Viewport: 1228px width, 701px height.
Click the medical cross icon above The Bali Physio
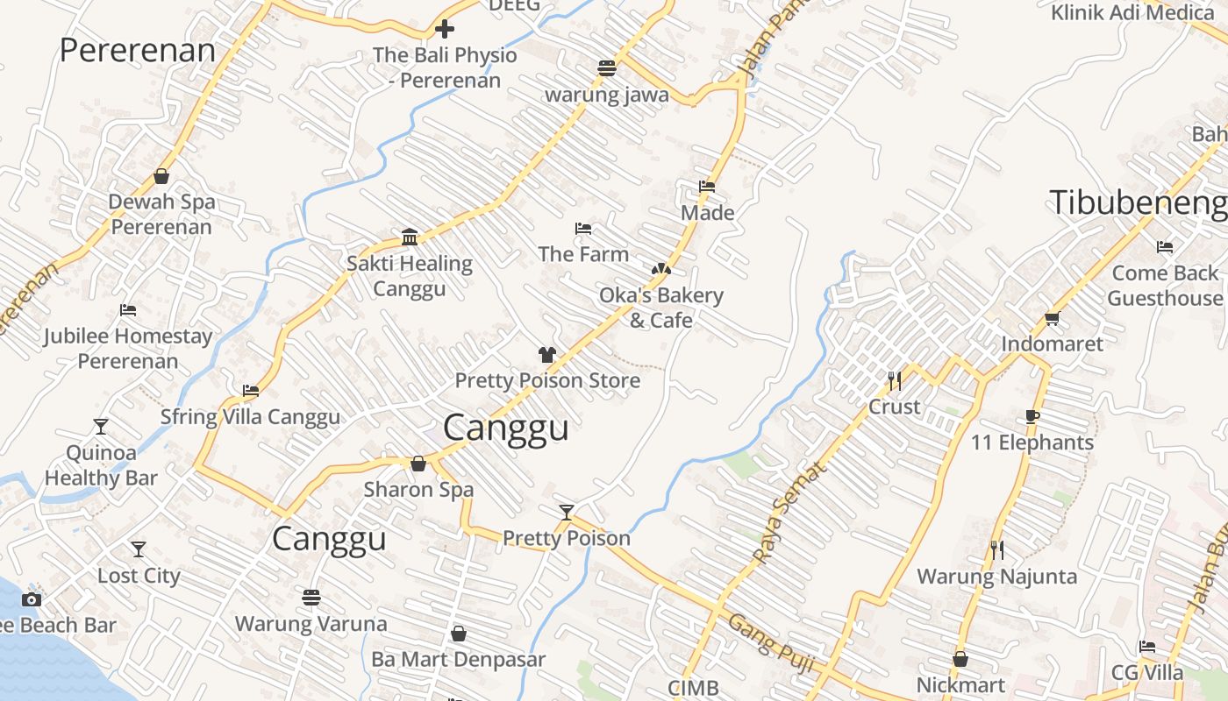[445, 29]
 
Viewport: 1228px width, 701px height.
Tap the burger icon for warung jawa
[607, 67]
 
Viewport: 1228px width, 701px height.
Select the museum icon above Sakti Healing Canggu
[409, 237]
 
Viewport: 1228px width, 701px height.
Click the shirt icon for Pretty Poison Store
[547, 354]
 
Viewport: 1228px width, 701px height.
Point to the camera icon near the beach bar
[32, 599]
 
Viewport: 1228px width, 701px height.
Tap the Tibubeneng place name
[1138, 202]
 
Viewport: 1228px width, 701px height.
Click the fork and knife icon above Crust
[894, 380]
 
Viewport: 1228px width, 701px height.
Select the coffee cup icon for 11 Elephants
[1032, 416]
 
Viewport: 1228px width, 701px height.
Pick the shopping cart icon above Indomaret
[1052, 318]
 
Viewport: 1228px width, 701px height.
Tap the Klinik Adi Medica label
[1132, 12]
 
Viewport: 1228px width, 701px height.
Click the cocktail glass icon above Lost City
[139, 549]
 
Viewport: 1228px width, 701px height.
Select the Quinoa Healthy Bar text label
[101, 465]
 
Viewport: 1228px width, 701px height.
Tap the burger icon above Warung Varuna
[311, 598]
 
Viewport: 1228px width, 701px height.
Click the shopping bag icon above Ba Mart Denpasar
[458, 633]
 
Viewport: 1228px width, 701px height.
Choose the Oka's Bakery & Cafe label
[661, 308]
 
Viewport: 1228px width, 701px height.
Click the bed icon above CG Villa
[1147, 647]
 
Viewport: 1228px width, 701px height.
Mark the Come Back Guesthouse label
[1164, 286]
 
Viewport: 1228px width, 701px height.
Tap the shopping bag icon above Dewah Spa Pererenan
[161, 176]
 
